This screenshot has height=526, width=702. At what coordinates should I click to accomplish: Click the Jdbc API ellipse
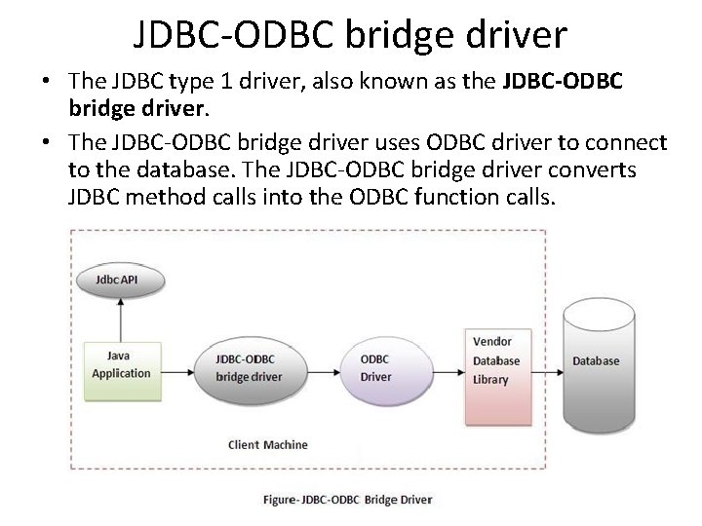(x=121, y=280)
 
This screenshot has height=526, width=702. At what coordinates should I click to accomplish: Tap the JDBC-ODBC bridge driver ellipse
(x=249, y=367)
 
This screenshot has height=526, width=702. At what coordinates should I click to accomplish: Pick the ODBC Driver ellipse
(x=382, y=367)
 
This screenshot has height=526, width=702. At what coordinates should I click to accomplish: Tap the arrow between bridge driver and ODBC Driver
(x=318, y=367)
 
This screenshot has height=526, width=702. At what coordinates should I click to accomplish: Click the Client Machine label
(x=267, y=444)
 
